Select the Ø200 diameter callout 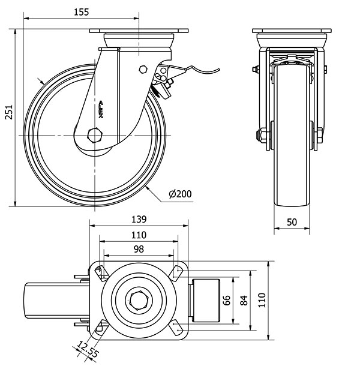[180, 194]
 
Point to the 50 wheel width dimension [292, 221]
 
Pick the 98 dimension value [139, 248]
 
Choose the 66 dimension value [227, 300]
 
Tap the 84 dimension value [244, 300]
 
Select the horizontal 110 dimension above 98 [139, 234]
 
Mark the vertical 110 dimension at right [262, 300]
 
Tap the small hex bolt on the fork [142, 68]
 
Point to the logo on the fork [100, 108]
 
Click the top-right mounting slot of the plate [177, 271]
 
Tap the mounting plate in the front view [292, 31]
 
